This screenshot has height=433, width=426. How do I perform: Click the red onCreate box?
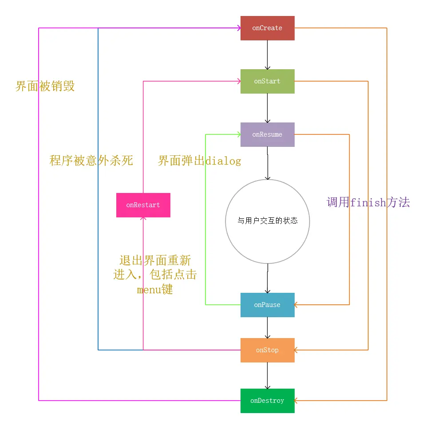(267, 28)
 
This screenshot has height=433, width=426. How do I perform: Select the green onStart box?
(267, 81)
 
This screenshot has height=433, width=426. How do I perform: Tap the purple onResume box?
(267, 134)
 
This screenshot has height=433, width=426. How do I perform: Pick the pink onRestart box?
(143, 205)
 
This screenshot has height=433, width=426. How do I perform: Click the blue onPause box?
(267, 305)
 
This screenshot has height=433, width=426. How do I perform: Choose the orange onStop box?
(267, 350)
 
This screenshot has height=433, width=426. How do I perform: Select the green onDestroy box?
(267, 401)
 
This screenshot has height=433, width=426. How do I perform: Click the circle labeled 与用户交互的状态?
(267, 221)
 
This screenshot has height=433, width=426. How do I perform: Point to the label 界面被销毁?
(45, 86)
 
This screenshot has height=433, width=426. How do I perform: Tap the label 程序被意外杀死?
(91, 160)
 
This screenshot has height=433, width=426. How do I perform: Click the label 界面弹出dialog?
(199, 161)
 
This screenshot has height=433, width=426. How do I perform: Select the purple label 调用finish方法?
(368, 203)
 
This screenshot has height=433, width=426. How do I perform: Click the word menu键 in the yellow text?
(155, 290)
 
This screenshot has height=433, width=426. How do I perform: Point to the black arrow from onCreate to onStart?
(267, 54)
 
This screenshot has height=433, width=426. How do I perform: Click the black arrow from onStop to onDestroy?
(267, 375)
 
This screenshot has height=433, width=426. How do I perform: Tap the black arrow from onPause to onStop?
(267, 327)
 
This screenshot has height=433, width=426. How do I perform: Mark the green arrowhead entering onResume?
(238, 134)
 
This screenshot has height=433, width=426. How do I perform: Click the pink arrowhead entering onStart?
(238, 81)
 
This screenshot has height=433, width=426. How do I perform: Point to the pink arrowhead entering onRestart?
(143, 220)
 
